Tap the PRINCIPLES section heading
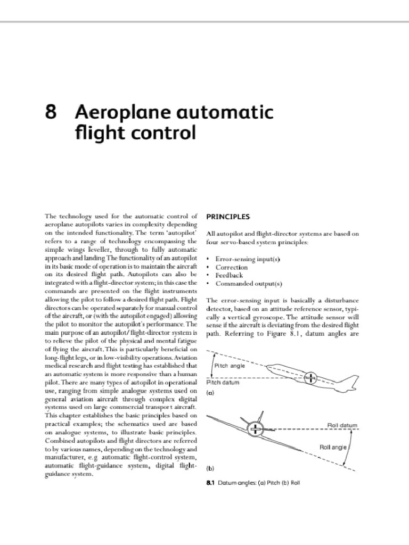[x=227, y=217]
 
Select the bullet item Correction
[x=232, y=267]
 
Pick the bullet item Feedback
[x=230, y=275]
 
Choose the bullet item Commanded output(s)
[x=248, y=284]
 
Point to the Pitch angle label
[x=230, y=366]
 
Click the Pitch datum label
[x=222, y=383]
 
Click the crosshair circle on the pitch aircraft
[x=310, y=378]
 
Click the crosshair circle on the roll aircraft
[x=257, y=429]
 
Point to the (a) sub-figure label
[x=210, y=392]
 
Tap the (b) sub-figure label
[x=210, y=469]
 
